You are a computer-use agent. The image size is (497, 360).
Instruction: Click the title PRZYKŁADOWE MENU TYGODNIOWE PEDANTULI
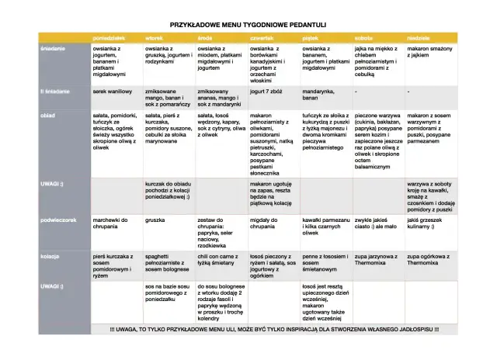click(x=248, y=25)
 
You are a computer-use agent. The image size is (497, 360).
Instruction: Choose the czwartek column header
click(x=262, y=38)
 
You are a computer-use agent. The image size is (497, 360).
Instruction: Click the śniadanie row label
click(x=53, y=48)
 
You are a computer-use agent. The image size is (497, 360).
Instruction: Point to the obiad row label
click(x=48, y=116)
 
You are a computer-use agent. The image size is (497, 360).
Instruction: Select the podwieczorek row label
click(x=59, y=220)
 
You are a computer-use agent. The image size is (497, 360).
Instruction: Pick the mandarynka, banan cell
click(x=320, y=95)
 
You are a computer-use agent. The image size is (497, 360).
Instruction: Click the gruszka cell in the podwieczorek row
click(x=156, y=220)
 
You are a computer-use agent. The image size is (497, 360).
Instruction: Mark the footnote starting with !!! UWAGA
click(x=274, y=329)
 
